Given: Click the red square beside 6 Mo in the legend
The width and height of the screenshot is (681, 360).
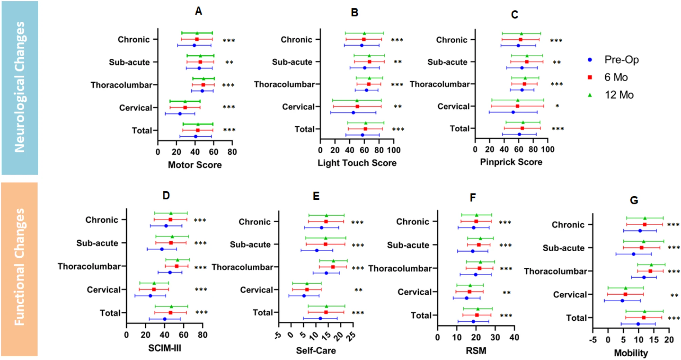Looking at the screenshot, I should point(590,77).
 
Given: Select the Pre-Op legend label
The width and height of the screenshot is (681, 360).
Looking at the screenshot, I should point(621,60).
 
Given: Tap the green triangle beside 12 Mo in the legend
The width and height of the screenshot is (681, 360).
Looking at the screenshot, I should point(590,95).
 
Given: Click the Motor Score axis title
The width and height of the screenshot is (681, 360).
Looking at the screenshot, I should point(195,165).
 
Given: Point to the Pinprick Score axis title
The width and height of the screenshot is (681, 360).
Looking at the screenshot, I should point(511,162).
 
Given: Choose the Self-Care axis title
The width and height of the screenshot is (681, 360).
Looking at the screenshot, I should point(316,351).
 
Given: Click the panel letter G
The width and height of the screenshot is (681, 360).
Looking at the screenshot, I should point(634,200).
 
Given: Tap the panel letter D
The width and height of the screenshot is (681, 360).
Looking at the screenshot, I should point(166,196).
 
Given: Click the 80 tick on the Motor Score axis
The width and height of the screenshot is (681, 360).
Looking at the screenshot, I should point(232,152).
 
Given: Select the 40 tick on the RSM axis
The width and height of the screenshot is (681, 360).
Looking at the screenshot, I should point(514,337).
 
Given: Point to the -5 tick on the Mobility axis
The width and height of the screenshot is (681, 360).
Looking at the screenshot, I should point(592,340).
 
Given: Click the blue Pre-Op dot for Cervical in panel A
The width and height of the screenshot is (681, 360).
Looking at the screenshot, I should point(180,114).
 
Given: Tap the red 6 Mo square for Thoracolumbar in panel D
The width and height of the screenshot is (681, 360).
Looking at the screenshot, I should point(176,266).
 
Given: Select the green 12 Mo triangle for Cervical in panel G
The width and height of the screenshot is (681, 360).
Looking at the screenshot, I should point(625,288).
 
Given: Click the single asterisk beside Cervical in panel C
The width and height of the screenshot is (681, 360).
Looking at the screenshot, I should point(557,106).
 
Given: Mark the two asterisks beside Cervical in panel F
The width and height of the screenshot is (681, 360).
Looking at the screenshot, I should point(506,293).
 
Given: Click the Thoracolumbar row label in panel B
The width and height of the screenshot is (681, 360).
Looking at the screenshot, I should point(284,84).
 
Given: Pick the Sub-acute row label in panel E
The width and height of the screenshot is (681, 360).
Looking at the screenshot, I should point(250,244).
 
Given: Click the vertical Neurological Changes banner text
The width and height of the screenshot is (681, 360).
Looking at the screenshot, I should point(20,87).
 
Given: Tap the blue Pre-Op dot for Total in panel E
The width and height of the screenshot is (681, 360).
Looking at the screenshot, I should point(320,319).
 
